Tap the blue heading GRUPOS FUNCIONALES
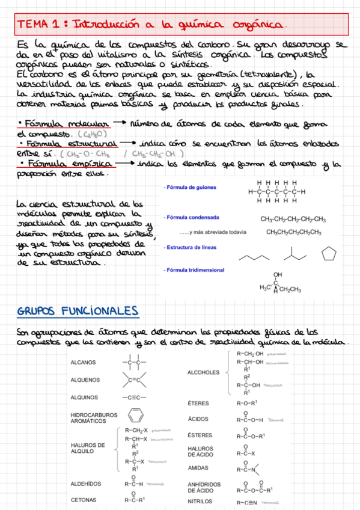78,311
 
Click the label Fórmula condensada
192,217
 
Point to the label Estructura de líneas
192,247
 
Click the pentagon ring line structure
329,254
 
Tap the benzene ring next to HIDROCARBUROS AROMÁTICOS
135,415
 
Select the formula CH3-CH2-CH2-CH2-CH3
293,219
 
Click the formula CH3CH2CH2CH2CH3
293,232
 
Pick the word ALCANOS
83,363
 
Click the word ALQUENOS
85,380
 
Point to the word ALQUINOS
84,398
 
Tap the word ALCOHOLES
204,372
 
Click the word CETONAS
84,500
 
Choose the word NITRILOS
200,501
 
